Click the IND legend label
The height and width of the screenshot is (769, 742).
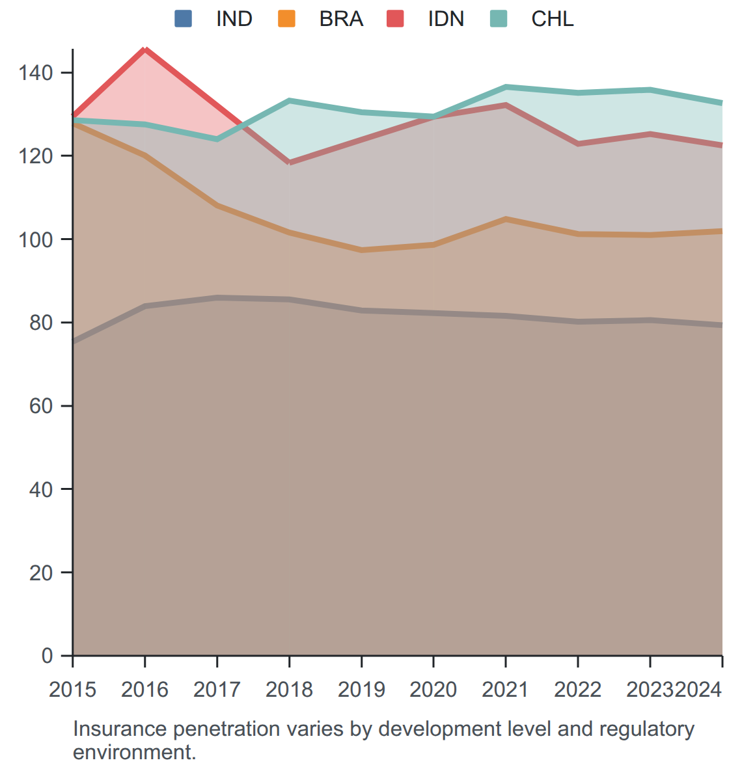(234, 19)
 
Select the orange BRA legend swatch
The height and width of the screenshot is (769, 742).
(286, 19)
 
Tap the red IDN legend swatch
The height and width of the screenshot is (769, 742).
(395, 19)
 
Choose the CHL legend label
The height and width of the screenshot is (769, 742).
(553, 19)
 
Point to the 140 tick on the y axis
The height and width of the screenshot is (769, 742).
(35, 73)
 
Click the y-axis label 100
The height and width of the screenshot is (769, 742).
(35, 239)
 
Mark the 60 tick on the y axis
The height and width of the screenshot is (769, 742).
(41, 405)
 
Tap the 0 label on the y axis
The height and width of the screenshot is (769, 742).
(47, 655)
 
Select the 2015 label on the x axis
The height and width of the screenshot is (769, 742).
(73, 690)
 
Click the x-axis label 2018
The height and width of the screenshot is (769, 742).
(289, 690)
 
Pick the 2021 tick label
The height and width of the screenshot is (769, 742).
(506, 690)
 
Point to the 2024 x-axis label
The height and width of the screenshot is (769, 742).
(698, 690)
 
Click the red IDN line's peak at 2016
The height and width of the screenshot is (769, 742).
(144, 49)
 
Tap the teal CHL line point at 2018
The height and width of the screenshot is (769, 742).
(290, 101)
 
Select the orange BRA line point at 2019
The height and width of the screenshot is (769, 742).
(362, 250)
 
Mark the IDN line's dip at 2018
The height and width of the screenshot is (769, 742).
(290, 163)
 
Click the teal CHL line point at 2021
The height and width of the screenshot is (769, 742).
(506, 87)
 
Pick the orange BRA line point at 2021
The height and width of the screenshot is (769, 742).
(506, 219)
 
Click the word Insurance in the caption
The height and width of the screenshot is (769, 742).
(120, 729)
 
